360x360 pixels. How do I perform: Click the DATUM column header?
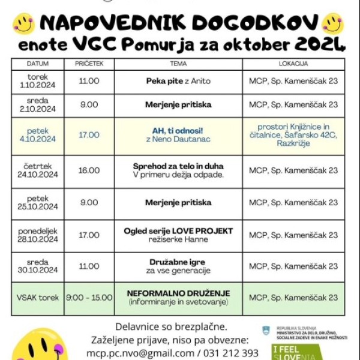41,63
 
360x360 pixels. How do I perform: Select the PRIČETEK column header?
89,63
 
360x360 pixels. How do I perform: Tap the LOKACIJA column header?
293,63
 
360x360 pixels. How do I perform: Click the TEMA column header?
178,63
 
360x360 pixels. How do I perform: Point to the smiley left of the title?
24,23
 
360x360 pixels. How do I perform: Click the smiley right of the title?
332,23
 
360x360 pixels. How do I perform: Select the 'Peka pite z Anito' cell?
178,80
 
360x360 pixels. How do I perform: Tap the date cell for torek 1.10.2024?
41,81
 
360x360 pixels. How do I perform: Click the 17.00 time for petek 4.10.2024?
89,135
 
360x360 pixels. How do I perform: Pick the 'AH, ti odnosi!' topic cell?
178,135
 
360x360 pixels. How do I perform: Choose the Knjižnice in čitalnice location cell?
293,135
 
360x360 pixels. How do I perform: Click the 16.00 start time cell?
89,170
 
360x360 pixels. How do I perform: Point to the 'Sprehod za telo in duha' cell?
178,170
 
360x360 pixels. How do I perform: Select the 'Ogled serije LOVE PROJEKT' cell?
178,235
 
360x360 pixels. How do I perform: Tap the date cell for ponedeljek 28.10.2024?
41,235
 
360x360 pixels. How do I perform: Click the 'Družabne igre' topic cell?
178,266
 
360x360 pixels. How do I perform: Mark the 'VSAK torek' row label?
41,298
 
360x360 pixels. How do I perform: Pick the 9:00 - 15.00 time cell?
89,298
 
